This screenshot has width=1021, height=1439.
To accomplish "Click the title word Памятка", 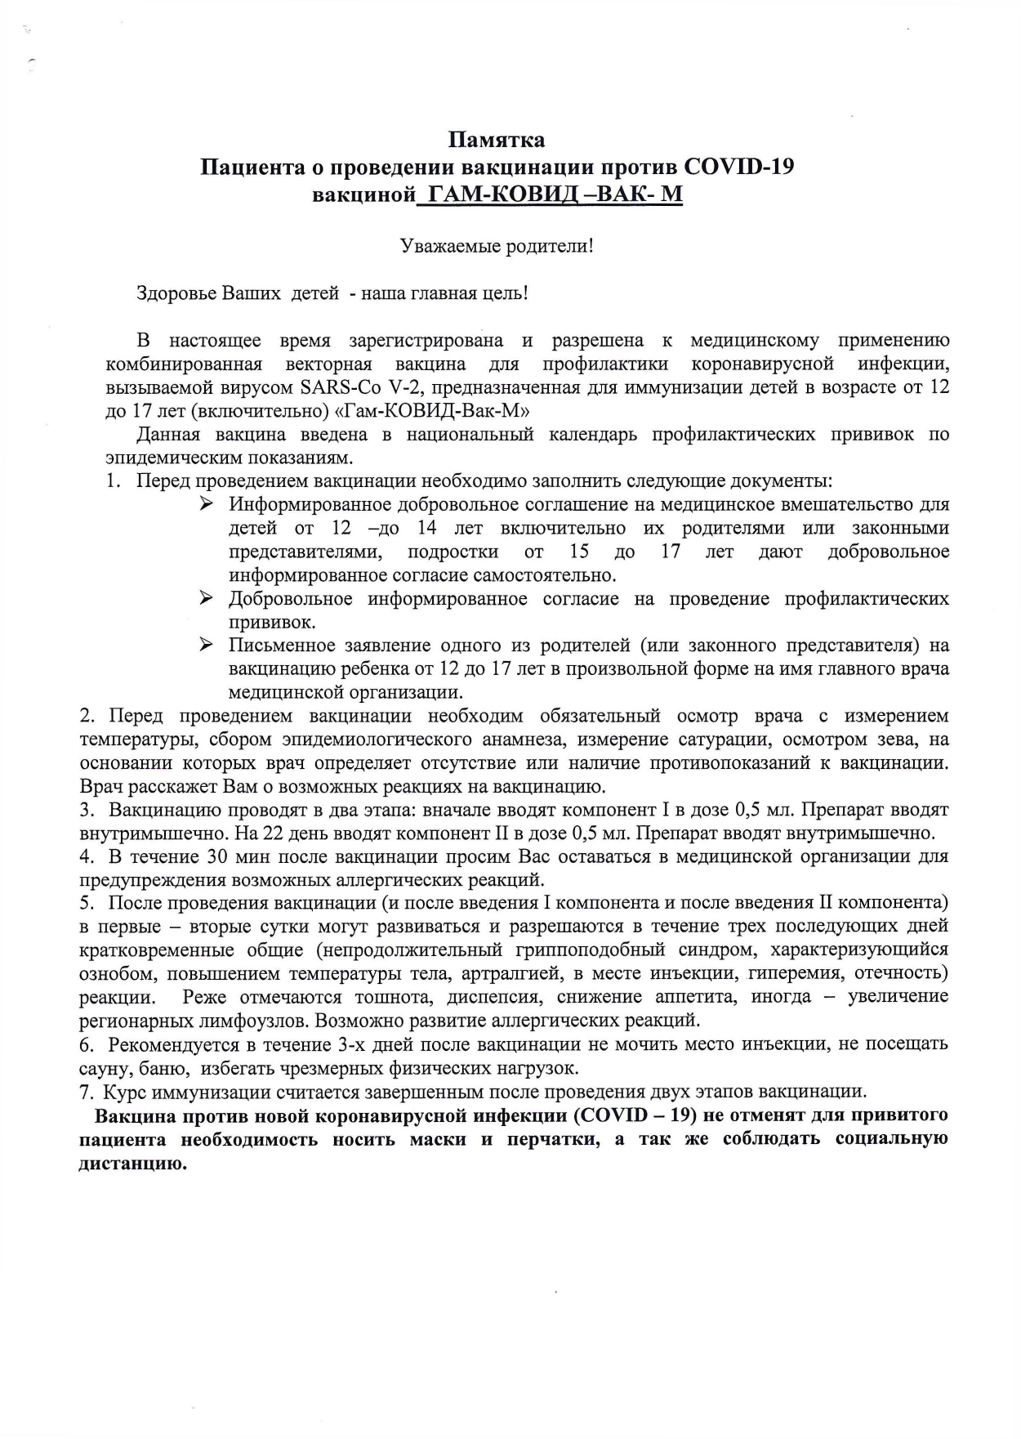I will [498, 140].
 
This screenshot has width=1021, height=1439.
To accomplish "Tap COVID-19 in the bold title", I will [738, 167].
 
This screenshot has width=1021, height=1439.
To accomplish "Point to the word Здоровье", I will [176, 293].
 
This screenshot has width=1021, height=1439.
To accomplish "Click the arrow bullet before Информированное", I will [207, 504].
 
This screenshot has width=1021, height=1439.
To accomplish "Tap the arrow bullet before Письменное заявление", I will [207, 646].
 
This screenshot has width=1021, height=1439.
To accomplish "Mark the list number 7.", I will [85, 1092].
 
